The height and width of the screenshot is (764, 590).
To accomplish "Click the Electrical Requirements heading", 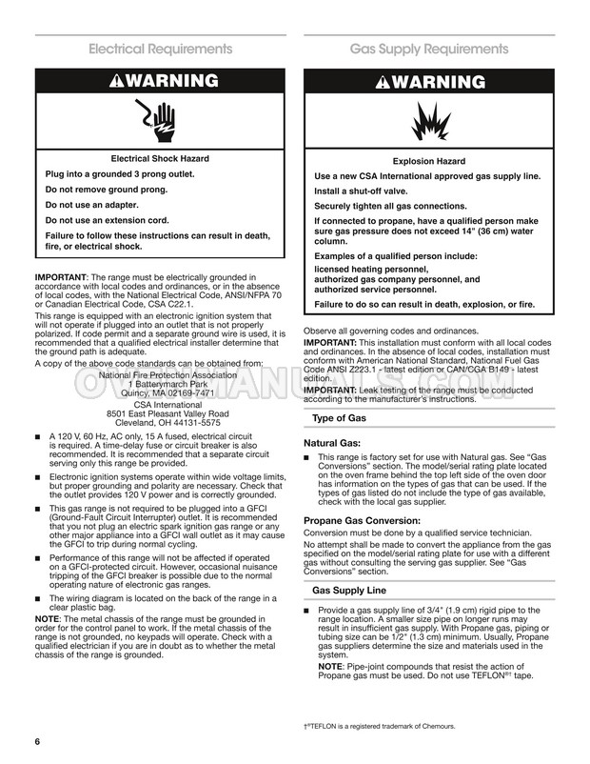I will click(160, 49).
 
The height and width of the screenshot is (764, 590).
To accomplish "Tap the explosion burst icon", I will click(428, 118).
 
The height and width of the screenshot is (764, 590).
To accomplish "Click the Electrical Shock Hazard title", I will click(160, 158).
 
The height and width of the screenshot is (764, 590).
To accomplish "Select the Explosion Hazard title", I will click(428, 161).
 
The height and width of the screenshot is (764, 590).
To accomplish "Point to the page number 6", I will click(38, 741).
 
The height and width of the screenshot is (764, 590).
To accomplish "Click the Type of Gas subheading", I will click(340, 418).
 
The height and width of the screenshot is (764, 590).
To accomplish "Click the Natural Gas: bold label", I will click(331, 443).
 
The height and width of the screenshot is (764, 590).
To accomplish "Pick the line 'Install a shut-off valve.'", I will click(367, 191).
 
